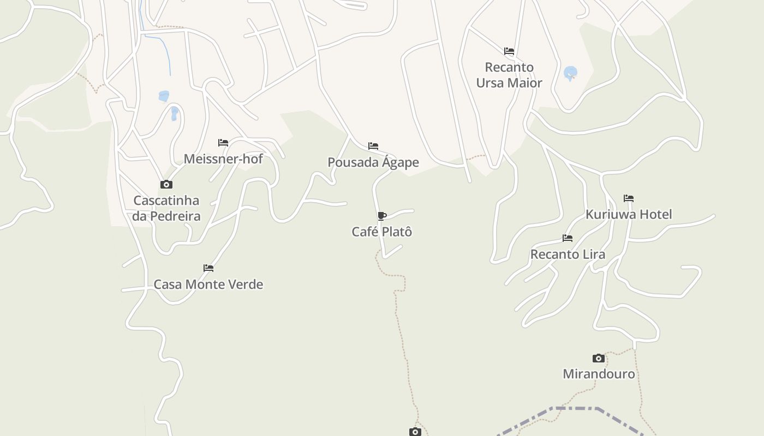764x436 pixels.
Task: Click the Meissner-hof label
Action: click(223, 159)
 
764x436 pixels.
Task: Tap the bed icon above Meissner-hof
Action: click(223, 143)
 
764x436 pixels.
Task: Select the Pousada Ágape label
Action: click(373, 162)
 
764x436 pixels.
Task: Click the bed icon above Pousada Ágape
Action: click(373, 146)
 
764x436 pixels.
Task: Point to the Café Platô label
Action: click(381, 232)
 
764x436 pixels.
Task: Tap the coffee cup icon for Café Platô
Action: click(382, 216)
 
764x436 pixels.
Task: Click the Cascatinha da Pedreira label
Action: click(166, 208)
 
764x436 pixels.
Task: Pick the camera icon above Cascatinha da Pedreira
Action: click(166, 185)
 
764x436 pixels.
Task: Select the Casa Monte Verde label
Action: click(208, 284)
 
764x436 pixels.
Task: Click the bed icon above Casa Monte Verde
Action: click(208, 268)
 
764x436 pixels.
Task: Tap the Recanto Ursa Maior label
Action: click(509, 75)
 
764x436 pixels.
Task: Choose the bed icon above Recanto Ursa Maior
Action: click(509, 51)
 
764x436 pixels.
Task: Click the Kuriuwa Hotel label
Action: click(629, 215)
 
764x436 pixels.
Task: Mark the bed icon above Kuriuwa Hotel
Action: click(629, 198)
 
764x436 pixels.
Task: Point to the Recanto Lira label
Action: click(568, 255)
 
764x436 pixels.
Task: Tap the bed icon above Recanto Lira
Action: click(568, 238)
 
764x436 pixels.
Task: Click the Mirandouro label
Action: click(599, 374)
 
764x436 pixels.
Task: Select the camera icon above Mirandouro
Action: click(599, 358)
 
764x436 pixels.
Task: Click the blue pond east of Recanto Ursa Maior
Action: click(570, 72)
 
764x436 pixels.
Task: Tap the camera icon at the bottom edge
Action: click(415, 432)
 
